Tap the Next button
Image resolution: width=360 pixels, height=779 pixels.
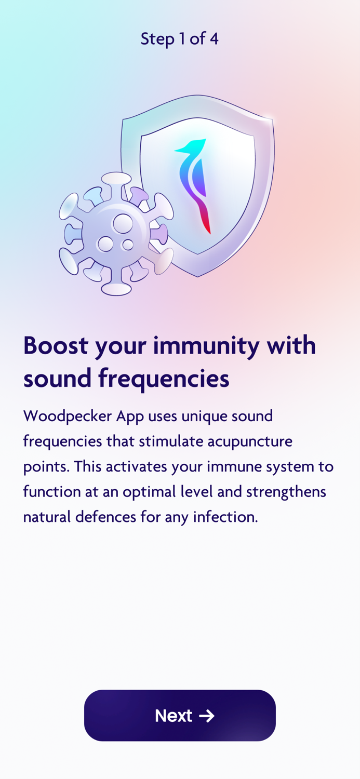click(180, 715)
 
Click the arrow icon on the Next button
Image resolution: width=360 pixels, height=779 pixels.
click(207, 716)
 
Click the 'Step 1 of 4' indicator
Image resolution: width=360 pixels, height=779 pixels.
click(179, 38)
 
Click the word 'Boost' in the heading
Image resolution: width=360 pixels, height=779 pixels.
click(56, 345)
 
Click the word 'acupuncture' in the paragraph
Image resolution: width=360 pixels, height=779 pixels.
click(250, 441)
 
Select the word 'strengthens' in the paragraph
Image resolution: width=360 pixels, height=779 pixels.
click(286, 491)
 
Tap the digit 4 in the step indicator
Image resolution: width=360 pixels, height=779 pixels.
click(214, 38)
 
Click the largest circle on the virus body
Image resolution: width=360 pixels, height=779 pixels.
click(123, 223)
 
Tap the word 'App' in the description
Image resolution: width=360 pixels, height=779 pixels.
click(130, 416)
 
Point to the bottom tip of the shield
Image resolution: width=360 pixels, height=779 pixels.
click(197, 276)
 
